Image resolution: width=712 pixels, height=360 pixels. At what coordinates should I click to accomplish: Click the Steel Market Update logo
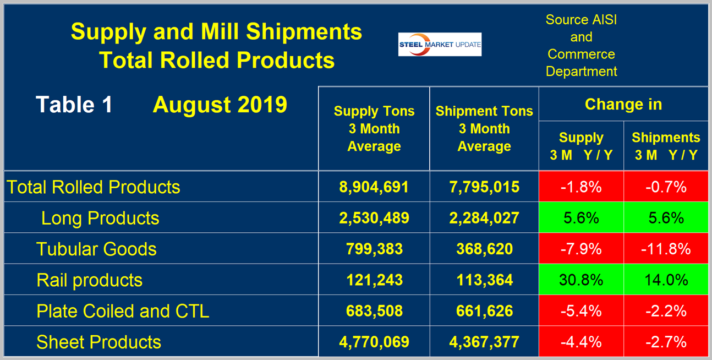coord(440,44)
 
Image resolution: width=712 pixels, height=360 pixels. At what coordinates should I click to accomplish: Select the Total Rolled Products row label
coord(94,187)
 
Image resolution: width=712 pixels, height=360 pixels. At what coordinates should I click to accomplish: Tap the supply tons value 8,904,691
coord(374,187)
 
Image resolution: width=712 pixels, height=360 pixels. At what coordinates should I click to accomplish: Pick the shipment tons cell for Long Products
coord(484,218)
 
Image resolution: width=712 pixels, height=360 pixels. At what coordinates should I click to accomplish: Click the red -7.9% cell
coord(581,249)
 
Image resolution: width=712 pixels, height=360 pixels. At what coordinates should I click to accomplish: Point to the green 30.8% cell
coord(581,280)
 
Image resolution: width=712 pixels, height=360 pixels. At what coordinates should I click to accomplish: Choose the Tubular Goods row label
coord(96,249)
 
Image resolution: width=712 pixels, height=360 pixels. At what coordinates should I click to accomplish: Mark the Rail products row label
coord(89,280)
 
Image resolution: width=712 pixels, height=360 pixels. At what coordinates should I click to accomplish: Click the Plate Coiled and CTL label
coord(123,311)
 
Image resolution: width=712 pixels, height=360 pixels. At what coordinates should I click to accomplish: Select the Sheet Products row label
coord(98,342)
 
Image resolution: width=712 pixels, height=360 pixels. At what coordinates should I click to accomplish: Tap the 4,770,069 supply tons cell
coord(374,342)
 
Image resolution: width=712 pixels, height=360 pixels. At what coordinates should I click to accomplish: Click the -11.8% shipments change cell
coord(666,249)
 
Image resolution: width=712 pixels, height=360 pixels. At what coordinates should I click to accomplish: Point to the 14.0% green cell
coord(666,280)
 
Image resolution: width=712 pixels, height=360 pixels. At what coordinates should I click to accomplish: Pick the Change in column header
coord(623,104)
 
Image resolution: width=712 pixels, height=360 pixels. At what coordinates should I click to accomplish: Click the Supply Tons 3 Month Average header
coord(374,129)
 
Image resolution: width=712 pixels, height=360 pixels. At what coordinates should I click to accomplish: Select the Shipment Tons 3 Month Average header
coord(484,129)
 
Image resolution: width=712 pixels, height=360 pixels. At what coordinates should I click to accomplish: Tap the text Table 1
coord(74,104)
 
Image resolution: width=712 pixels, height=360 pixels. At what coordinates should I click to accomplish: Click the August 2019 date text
coord(220,104)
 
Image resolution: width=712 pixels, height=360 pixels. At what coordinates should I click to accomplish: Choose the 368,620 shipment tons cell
coord(484,249)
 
